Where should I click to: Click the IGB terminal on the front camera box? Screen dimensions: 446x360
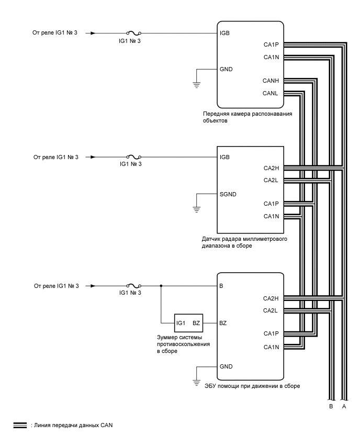[226, 33]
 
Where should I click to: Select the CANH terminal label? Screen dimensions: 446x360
[271, 81]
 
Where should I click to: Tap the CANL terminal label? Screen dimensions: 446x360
[271, 94]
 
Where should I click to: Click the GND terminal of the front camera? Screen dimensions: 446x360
[227, 69]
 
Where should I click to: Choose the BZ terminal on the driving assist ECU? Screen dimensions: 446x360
[223, 323]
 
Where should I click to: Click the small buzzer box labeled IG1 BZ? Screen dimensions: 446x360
[188, 323]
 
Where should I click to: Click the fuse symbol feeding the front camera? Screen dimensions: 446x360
[133, 33]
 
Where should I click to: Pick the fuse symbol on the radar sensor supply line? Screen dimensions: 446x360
[133, 157]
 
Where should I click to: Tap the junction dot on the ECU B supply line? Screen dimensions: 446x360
[161, 286]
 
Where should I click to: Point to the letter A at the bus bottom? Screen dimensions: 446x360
[343, 406]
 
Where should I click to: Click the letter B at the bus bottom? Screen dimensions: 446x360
[330, 406]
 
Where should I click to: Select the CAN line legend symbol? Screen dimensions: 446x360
[19, 426]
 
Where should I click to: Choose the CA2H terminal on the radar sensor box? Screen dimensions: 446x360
[271, 169]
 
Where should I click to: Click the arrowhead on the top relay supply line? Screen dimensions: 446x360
[93, 33]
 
